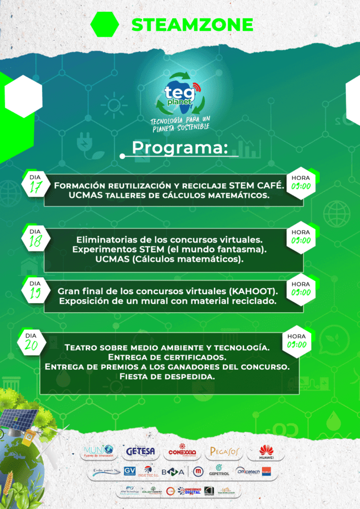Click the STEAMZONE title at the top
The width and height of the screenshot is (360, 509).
point(192,24)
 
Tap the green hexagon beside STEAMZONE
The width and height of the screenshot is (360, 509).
point(105,24)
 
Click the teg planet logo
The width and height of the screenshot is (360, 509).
point(180,94)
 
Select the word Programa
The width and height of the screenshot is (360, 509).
point(180,148)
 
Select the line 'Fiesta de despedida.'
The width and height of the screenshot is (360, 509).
point(168,376)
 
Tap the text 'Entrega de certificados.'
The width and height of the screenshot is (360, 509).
point(168,357)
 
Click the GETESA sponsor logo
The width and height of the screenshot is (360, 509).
point(140,451)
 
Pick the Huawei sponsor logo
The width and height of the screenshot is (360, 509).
point(266,452)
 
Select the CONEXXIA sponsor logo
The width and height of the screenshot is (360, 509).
point(182,451)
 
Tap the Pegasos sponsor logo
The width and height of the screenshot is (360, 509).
point(225,451)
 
